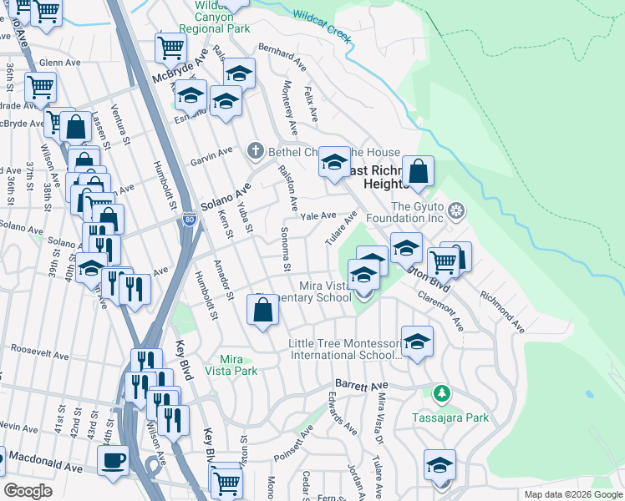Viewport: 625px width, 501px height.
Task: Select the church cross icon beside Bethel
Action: [256, 152]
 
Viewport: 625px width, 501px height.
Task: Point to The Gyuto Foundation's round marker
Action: [456, 209]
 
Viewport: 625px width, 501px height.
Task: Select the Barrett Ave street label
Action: [362, 385]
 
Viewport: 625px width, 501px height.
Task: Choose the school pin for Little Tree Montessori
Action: [416, 342]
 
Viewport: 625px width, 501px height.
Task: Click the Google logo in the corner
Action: [28, 491]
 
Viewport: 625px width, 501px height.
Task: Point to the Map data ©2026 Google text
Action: [572, 494]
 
